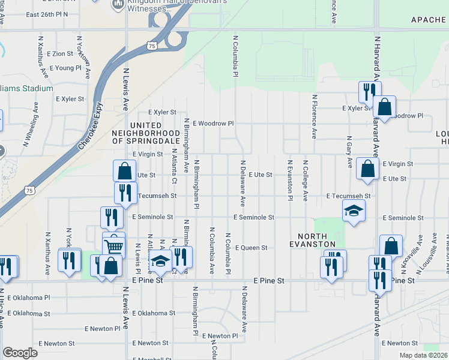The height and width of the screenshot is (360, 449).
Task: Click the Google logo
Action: pos(20,353)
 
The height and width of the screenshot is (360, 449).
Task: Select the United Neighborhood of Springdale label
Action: pos(146,136)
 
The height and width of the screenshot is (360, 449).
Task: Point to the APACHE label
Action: pos(429,20)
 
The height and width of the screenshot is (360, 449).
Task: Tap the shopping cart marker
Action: pos(113,245)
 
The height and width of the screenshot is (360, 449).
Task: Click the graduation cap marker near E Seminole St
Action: pos(354,211)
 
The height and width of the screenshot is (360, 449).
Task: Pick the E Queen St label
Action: pos(250,247)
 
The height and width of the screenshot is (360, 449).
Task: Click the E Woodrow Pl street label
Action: pos(212,123)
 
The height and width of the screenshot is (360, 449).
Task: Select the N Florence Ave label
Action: pos(314,116)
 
